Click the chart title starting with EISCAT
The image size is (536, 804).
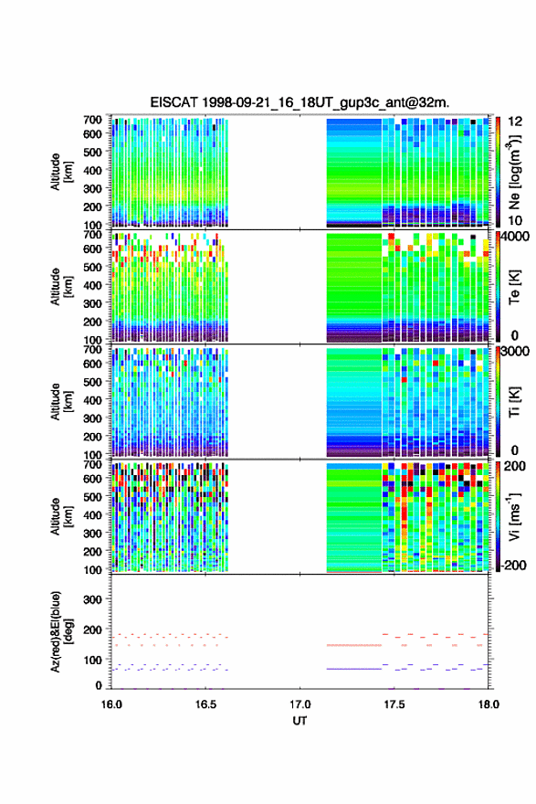pos(300,102)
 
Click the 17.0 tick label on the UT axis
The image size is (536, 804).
pos(300,704)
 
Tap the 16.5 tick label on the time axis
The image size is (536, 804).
pos(205,704)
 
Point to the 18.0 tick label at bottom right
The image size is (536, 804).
pos(489,704)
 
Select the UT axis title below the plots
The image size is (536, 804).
pos(300,721)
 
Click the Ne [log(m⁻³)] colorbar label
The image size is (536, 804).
pos(514,171)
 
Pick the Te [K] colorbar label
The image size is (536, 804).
pos(514,287)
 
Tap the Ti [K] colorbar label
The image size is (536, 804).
pos(514,401)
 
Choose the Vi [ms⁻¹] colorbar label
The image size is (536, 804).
pos(514,516)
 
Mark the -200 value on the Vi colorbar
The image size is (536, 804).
pos(514,565)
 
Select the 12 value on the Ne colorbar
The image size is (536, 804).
pos(516,122)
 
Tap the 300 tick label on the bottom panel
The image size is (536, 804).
pos(92,599)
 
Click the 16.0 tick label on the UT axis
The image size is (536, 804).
pos(111,704)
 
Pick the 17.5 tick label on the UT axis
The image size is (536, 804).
pos(394,704)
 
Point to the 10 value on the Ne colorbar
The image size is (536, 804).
pos(516,220)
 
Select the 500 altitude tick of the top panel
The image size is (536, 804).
pos(92,152)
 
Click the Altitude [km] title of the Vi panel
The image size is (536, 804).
pos(61,516)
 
